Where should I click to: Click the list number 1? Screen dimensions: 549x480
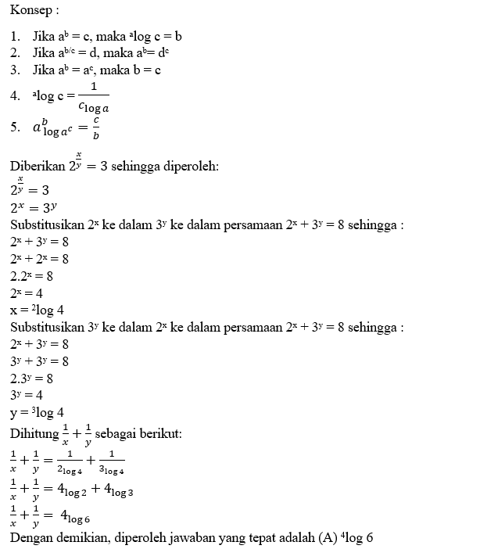(15, 36)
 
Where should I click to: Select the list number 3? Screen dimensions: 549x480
(15, 70)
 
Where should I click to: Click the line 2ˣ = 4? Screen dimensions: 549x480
(27, 292)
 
